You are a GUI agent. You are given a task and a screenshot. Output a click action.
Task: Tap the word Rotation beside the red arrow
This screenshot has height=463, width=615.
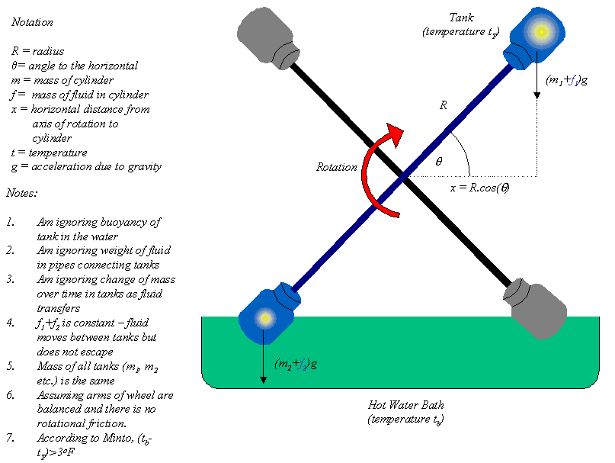(336, 167)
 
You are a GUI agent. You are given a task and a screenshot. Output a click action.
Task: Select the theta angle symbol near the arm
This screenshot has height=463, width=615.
(438, 162)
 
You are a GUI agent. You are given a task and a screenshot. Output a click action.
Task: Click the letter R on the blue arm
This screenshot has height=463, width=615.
(444, 107)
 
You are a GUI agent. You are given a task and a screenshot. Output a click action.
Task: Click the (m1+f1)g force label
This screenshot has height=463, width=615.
(566, 79)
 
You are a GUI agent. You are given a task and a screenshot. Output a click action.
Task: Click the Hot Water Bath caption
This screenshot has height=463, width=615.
(405, 405)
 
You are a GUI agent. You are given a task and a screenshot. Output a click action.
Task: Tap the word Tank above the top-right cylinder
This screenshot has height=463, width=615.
(461, 17)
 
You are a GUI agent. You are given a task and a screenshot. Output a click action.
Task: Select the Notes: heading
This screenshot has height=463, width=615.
(22, 194)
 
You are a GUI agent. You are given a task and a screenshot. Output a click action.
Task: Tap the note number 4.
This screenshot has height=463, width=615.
(11, 323)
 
